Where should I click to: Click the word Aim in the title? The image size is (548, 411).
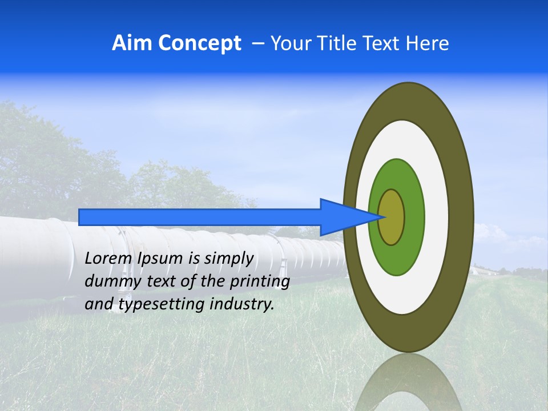(132, 43)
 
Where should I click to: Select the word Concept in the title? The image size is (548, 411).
(200, 43)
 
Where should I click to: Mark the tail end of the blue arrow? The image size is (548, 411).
(80, 217)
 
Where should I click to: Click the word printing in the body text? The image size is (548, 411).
(263, 282)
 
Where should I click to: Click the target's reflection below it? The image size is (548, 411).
(408, 382)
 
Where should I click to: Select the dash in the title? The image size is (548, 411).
(257, 44)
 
